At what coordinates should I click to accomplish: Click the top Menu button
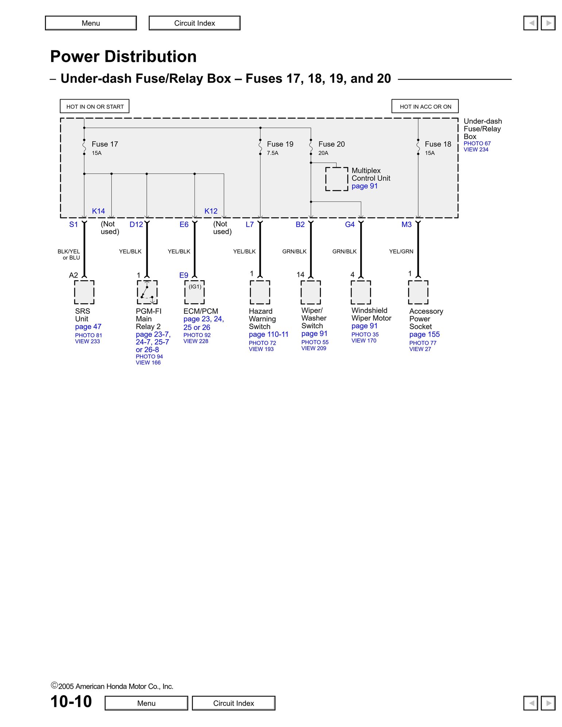click(x=91, y=23)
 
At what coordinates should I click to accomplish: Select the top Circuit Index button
click(x=195, y=23)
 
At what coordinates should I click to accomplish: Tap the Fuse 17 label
click(x=105, y=144)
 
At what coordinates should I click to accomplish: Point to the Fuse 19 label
click(x=280, y=144)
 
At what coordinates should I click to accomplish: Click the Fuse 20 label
click(x=331, y=144)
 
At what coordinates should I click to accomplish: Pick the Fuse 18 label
click(x=438, y=144)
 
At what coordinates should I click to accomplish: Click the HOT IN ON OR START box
click(x=95, y=107)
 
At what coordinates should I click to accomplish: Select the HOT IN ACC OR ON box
click(x=425, y=107)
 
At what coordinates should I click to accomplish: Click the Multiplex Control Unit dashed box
click(x=336, y=179)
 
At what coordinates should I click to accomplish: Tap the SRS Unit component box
click(x=84, y=292)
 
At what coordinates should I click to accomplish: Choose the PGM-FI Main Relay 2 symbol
click(x=147, y=292)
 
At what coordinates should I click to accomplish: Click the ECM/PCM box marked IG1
click(x=195, y=292)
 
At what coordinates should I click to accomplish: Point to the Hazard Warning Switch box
click(x=260, y=292)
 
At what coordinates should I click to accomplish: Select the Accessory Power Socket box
click(x=418, y=292)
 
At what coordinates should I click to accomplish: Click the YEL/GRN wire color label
click(x=401, y=251)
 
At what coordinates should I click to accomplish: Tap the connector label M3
click(x=407, y=225)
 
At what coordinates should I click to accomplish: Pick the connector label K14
click(x=99, y=211)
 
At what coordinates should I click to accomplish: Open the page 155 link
click(x=424, y=335)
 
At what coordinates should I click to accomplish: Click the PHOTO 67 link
click(x=477, y=144)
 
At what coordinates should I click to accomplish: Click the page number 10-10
click(x=71, y=701)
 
